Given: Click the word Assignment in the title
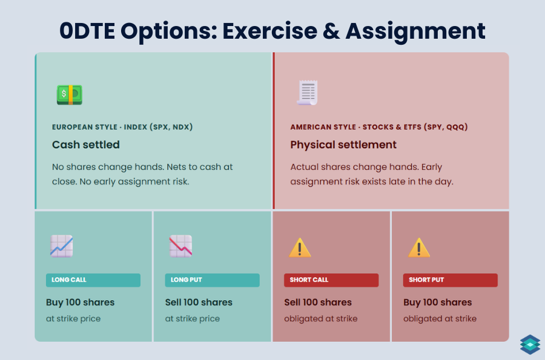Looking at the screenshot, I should click(415, 31).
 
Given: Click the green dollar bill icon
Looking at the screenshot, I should click(70, 94).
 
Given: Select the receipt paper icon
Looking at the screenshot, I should click(307, 93).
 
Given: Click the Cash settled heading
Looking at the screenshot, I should click(86, 145).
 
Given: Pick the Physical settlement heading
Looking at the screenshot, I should click(343, 145).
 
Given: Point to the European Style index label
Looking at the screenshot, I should click(122, 127).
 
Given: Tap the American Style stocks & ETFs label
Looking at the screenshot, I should click(378, 127).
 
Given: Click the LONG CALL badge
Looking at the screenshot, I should click(93, 280).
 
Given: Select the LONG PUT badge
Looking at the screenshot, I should click(212, 280).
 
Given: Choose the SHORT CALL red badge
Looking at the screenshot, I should click(331, 280).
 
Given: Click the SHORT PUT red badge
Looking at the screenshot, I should click(450, 280).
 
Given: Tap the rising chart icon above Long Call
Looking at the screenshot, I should click(61, 246).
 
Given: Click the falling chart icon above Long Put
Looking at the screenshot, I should click(180, 246).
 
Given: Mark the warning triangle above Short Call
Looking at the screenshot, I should click(300, 247).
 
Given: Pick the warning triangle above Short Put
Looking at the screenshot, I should click(419, 247).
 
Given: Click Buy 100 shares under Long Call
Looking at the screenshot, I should click(80, 303).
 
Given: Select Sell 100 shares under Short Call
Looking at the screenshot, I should click(318, 303).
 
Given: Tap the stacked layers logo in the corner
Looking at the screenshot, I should click(529, 344).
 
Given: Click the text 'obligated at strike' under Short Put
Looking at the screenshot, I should click(440, 319).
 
